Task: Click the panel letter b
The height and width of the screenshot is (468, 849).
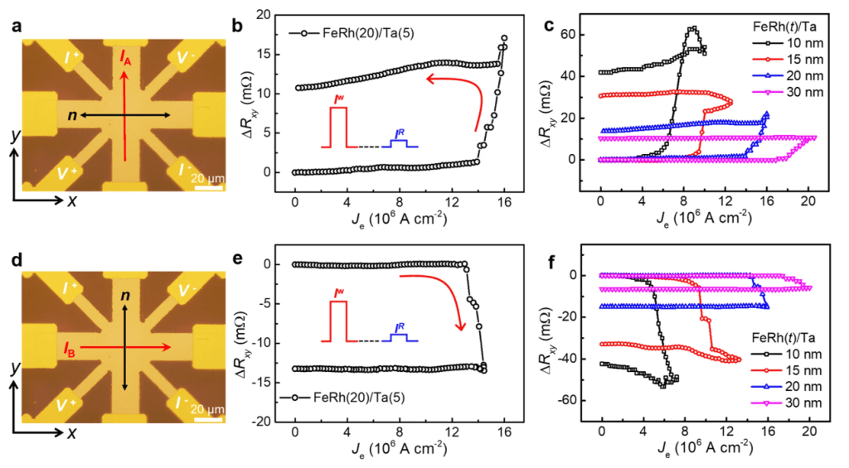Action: click(237, 27)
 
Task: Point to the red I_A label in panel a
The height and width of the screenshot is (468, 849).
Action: click(125, 57)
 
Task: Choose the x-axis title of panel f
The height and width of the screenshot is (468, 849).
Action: click(706, 451)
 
